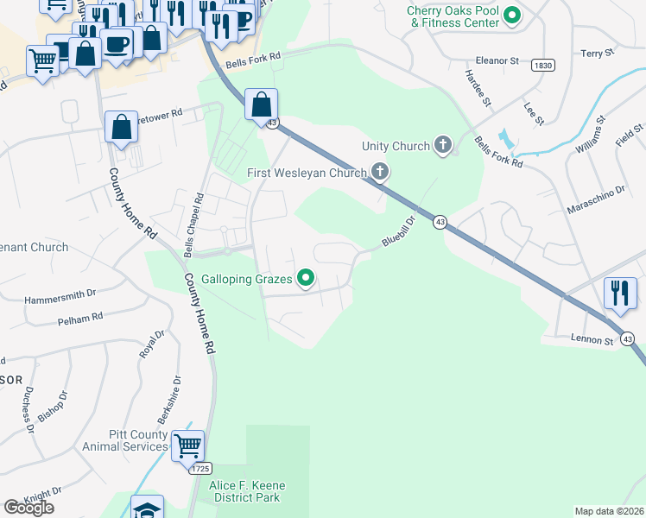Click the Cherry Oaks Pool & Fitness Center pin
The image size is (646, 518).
[x=511, y=15]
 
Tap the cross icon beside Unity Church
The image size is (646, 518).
[x=443, y=145]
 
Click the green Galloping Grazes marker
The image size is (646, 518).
[x=305, y=278]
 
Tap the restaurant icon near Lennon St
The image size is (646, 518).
[x=620, y=294]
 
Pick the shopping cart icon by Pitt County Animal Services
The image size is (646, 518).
[x=187, y=446]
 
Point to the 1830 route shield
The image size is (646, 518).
[x=543, y=65]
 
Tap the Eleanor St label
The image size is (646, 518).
[x=497, y=61]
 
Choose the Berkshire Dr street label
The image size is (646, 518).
[x=176, y=391]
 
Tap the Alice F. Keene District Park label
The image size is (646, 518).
[x=247, y=492]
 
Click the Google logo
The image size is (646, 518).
[x=28, y=508]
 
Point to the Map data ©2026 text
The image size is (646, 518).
[x=609, y=511]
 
